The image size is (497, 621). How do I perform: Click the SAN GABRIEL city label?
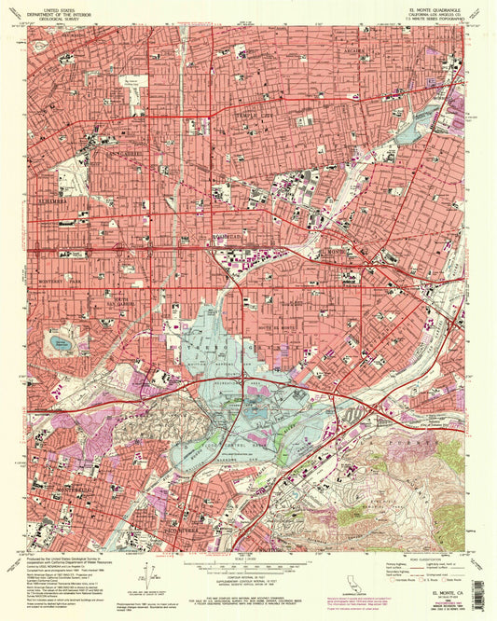[x=123, y=153]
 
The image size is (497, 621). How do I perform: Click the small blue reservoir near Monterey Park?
[x=62, y=344]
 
